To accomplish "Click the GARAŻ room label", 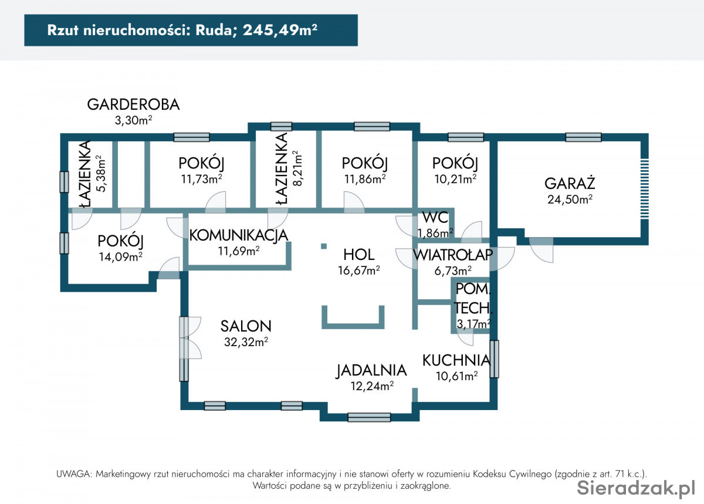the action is coord(570,183).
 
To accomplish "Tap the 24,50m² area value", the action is coord(570,199).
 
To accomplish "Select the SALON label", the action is coord(246,326).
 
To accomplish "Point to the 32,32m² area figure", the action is coord(246,341).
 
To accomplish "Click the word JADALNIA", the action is coord(371,371).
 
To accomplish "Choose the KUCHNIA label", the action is coord(456,360).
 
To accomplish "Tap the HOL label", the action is coord(358,255).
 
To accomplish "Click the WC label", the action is coord(435,218).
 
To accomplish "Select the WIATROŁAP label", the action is coord(453,255).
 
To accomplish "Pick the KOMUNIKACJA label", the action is coord(239,235).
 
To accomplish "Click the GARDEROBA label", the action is coord(133,104).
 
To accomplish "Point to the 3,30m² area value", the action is coord(133,120).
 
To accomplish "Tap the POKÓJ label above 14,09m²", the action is coord(121,241).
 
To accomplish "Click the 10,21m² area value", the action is coord(455,179).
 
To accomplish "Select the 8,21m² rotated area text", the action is coord(297,168).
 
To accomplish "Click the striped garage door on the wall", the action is coord(644,189).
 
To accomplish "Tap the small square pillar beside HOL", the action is coord(324,246).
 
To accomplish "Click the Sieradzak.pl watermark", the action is coord(636,488).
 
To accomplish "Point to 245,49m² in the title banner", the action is coord(280,30).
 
